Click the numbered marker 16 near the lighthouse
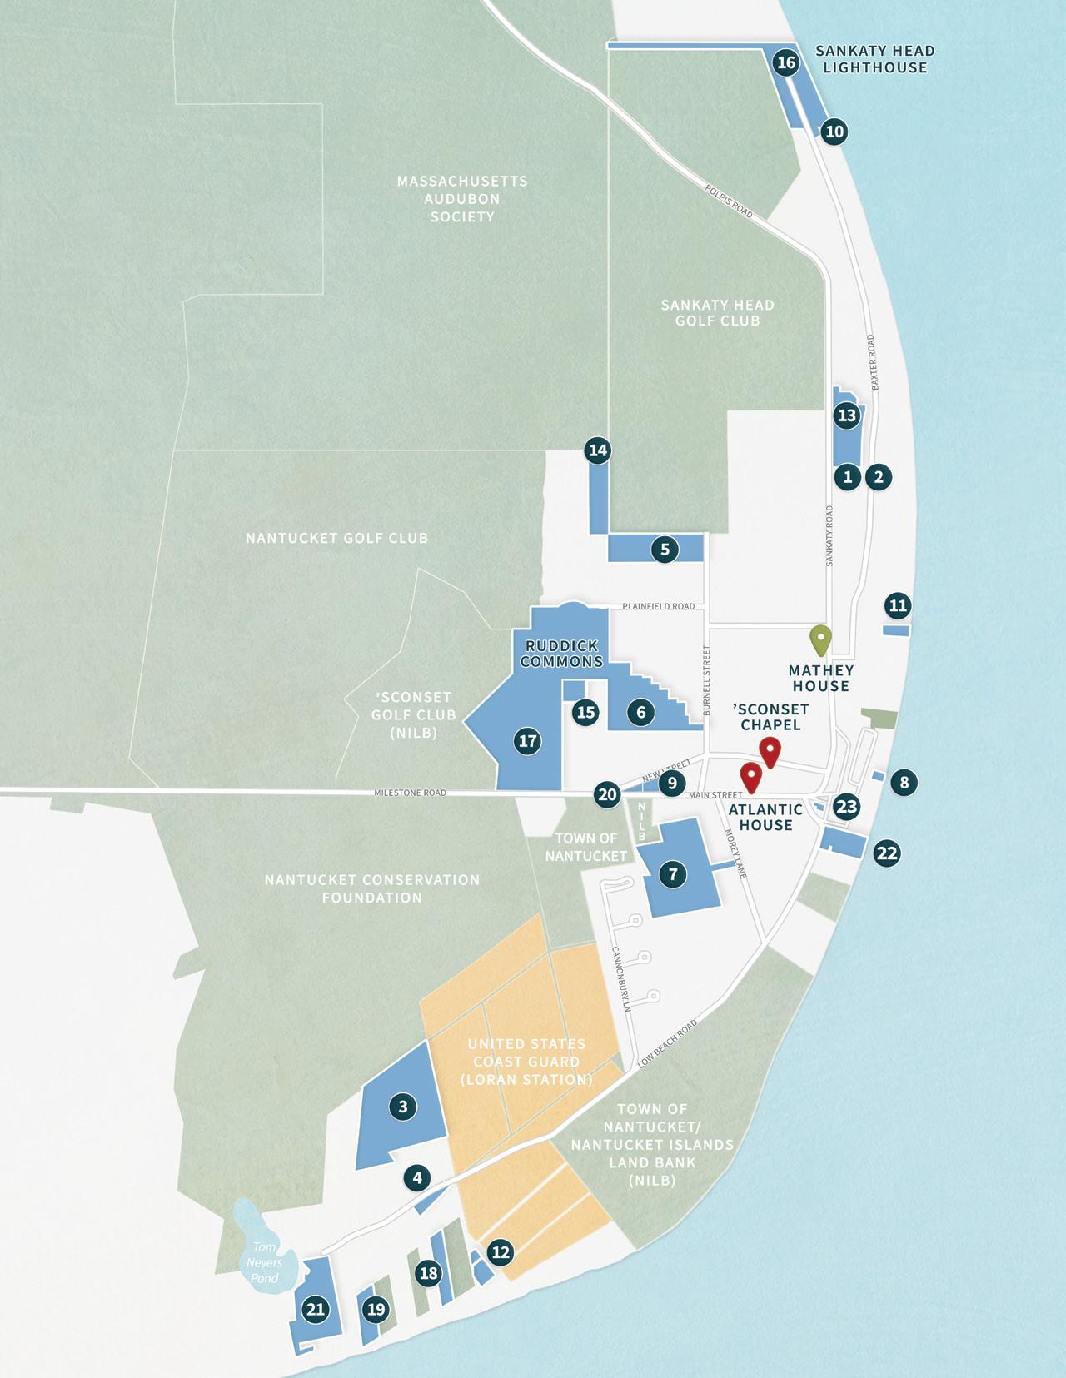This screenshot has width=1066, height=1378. pos(785,62)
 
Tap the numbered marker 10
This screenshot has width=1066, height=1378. pos(834,132)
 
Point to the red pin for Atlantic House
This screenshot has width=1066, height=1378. pos(752,777)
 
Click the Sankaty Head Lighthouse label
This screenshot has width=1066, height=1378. pos(874,59)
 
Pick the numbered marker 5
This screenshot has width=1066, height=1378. pos(665,550)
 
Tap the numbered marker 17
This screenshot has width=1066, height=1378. pos(526,741)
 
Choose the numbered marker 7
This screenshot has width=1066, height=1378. pos(673,874)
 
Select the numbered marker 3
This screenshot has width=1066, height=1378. pos(403,1107)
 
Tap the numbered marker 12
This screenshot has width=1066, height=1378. pos(501,1251)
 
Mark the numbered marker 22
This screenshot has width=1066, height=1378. pos(887,853)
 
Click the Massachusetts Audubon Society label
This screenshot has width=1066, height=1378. pos(461,198)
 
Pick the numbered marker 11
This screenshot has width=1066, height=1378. pos(897,605)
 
